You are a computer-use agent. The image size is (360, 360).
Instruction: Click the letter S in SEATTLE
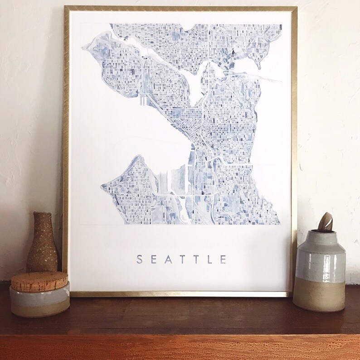point(140,259)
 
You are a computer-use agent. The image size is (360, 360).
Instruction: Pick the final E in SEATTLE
point(223,259)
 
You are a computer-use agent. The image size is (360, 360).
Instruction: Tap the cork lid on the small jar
point(39,280)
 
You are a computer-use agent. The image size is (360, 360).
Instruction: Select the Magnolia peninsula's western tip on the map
point(84,46)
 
